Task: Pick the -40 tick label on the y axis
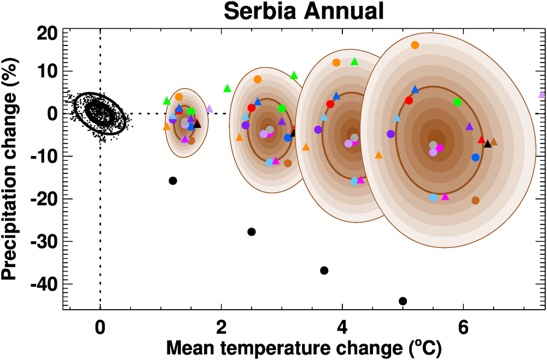pyautogui.click(x=44, y=283)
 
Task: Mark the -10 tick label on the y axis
pyautogui.click(x=44, y=156)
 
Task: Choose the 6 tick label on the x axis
pyautogui.click(x=463, y=330)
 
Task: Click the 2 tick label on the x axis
pyautogui.click(x=221, y=330)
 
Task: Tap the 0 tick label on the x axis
pyautogui.click(x=100, y=330)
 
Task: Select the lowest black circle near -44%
pyautogui.click(x=403, y=301)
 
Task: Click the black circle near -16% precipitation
pyautogui.click(x=173, y=181)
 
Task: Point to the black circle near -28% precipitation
pyautogui.click(x=252, y=231)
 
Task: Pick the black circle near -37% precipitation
pyautogui.click(x=324, y=270)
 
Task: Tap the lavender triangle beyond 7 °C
pyautogui.click(x=542, y=95)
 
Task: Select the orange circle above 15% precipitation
pyautogui.click(x=415, y=45)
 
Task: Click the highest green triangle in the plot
pyautogui.click(x=354, y=61)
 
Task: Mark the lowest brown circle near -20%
pyautogui.click(x=475, y=200)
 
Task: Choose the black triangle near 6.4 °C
pyautogui.click(x=488, y=144)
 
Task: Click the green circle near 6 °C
pyautogui.click(x=457, y=102)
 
